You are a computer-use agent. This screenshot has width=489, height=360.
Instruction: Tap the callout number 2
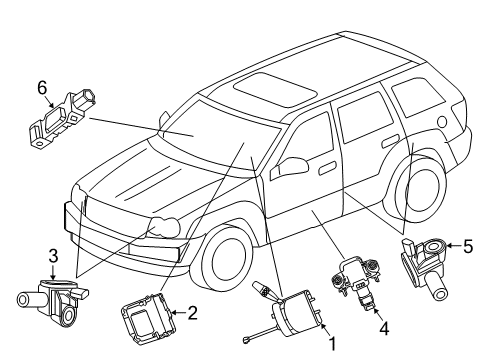[x=193, y=313]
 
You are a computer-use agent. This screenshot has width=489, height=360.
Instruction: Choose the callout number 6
[x=42, y=89]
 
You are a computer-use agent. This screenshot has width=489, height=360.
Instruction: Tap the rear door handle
[x=386, y=143]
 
